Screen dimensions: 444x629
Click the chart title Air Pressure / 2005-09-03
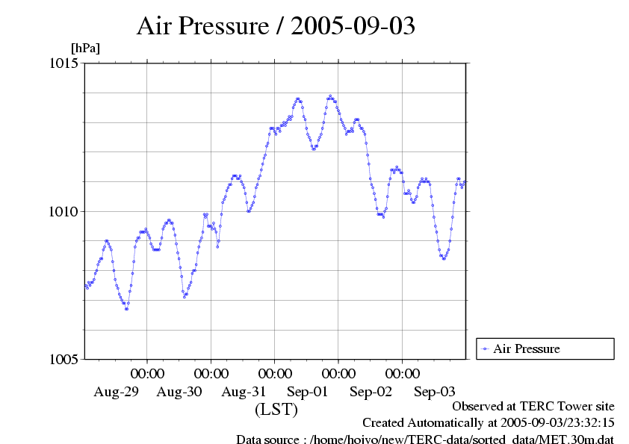[x=276, y=26]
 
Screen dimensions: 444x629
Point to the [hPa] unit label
[x=85, y=49]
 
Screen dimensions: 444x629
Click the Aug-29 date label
[x=116, y=392]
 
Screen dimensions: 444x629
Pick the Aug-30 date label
[x=180, y=392]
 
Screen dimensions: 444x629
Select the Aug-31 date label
[x=244, y=392]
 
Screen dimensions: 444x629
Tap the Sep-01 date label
[x=308, y=392]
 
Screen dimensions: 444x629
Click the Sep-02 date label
[x=371, y=392]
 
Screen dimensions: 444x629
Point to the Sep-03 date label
[x=435, y=392]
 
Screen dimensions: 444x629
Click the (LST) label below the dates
[x=276, y=410]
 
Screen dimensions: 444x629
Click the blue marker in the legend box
[x=485, y=348]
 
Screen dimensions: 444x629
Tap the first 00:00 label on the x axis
[x=147, y=373]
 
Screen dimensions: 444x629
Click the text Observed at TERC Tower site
[x=533, y=407]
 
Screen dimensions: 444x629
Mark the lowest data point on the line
[x=126, y=308]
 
